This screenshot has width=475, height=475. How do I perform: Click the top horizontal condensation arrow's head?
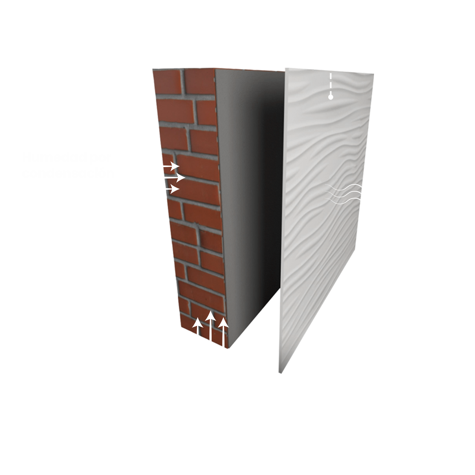[x=175, y=166]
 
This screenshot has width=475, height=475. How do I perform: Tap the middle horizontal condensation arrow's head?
[x=182, y=178]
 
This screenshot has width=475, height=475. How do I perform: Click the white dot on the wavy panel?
[x=330, y=97]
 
